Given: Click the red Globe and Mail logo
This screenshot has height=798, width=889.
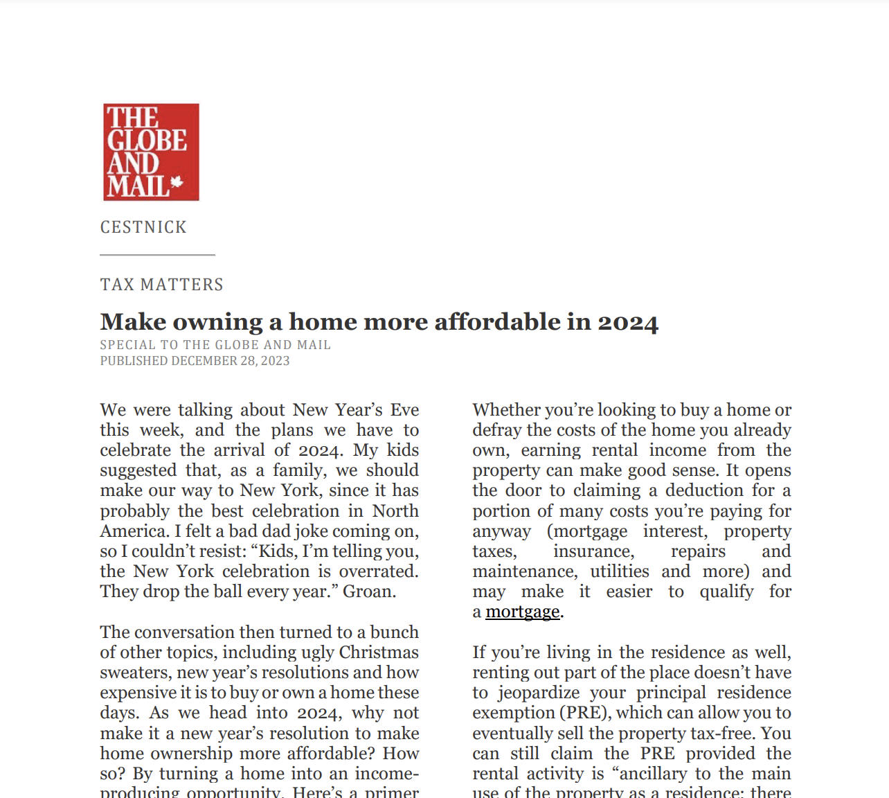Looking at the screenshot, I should pos(151,152).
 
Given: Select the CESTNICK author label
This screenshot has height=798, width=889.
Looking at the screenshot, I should pos(143,227).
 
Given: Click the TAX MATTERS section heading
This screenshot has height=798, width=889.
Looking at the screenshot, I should pos(162,285).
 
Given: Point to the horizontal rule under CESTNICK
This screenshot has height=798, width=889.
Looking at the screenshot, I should pos(157,255).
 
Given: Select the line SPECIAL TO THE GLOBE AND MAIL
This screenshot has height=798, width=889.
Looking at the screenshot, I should pos(215,345).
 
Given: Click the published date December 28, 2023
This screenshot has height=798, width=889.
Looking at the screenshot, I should pos(231,361).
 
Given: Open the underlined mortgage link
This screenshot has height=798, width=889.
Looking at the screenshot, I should pos(523,612).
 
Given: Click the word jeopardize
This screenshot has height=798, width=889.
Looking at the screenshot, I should pos(539,693).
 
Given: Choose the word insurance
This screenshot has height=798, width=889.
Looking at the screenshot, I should pos(593,551).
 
